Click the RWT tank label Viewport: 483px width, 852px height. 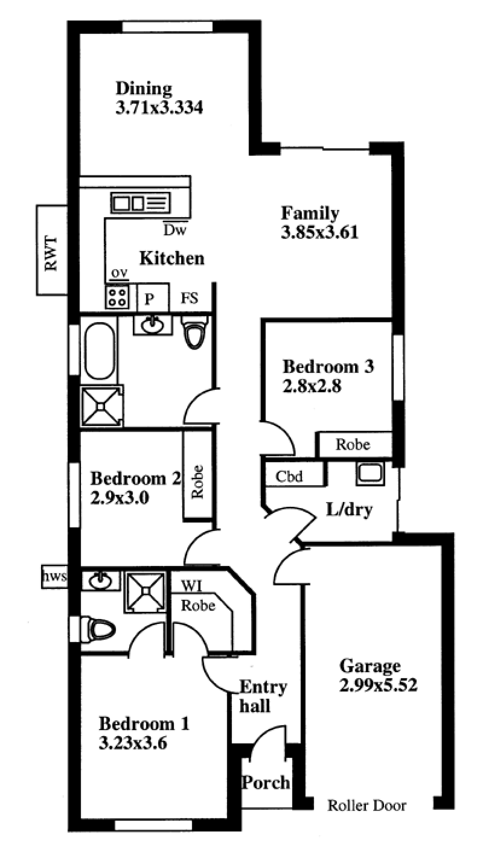tap(51, 253)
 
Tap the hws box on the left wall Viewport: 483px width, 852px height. tap(54, 577)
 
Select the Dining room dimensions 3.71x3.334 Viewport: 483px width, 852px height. tap(159, 107)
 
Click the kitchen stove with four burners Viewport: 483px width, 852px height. tap(117, 297)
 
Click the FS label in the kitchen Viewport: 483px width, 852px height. tap(190, 298)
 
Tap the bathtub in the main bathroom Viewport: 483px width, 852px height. tap(100, 351)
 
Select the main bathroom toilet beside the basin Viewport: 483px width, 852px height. tap(194, 331)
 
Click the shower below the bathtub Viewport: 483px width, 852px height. tap(102, 406)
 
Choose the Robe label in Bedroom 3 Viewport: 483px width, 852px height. tap(353, 445)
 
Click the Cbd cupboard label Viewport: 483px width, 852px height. tap(289, 476)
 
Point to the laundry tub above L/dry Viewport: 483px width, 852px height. tap(370, 474)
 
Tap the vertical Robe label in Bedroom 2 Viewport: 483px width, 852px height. tap(197, 482)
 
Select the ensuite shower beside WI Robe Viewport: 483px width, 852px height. tap(146, 592)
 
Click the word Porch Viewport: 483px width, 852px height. tap(266, 782)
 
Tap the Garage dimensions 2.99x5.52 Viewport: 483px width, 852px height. tap(379, 685)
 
